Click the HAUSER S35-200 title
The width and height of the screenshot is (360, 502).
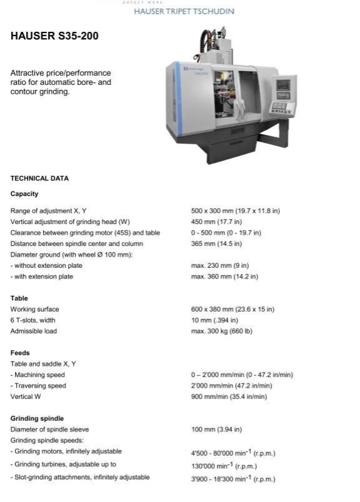(x=54, y=36)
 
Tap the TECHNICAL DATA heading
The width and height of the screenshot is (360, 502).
(x=39, y=179)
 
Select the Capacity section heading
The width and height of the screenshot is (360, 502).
(x=24, y=194)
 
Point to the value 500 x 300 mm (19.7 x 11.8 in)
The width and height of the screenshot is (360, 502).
(x=235, y=211)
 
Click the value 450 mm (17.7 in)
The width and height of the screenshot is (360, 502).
(x=216, y=222)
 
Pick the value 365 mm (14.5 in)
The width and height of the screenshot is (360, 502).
(x=216, y=244)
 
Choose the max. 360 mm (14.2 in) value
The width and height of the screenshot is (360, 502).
(x=224, y=277)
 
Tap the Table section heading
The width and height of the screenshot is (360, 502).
(x=19, y=298)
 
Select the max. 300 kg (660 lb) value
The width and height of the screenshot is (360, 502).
(x=221, y=331)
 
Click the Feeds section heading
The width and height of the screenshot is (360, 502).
(x=20, y=353)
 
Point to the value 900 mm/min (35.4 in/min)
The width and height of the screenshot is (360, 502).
(x=229, y=396)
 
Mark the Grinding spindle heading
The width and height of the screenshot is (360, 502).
(x=37, y=418)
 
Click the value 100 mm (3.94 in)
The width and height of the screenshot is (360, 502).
(x=216, y=430)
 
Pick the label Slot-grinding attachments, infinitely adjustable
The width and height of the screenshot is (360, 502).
(x=80, y=478)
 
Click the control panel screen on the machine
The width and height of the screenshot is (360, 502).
(x=284, y=85)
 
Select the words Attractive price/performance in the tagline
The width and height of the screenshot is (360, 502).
(x=61, y=73)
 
